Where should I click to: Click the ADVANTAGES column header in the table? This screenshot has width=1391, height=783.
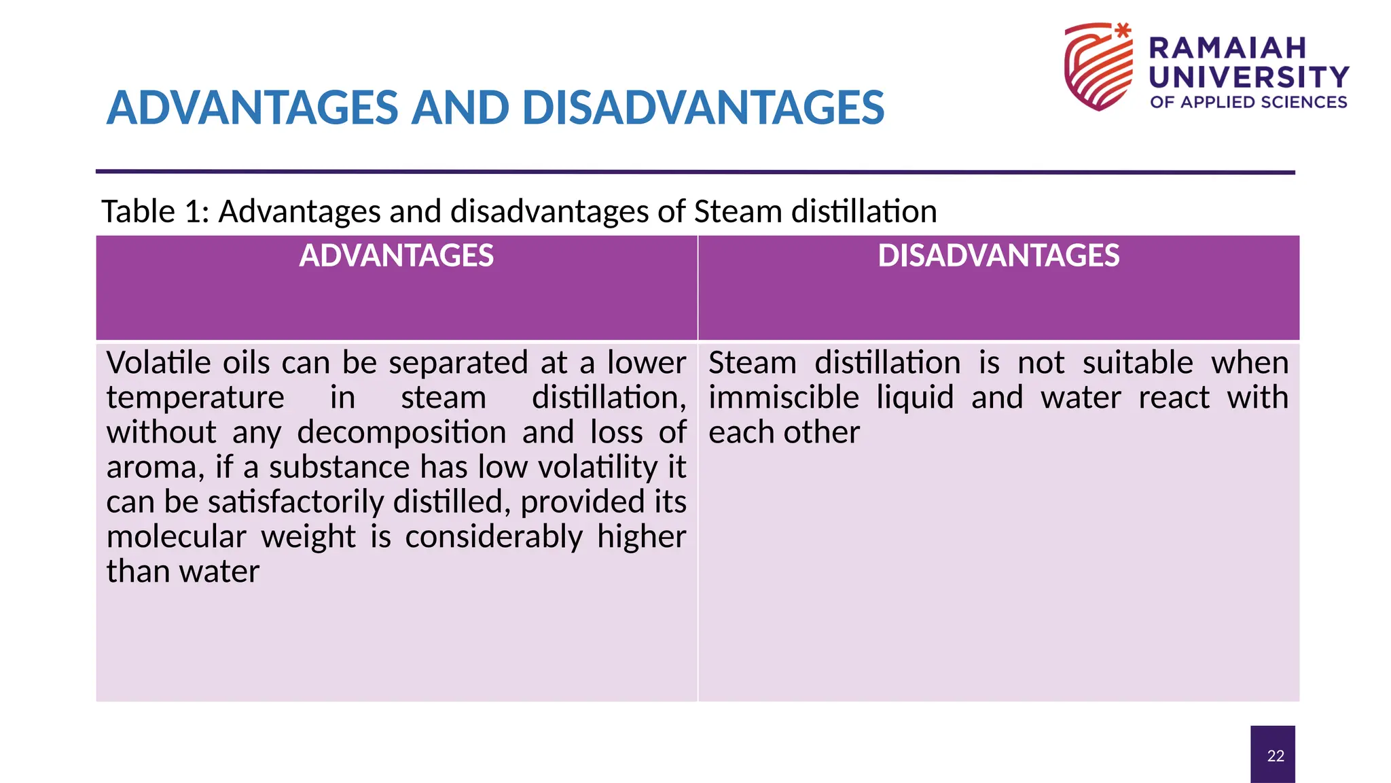coord(397,256)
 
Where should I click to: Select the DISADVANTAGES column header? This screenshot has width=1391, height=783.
coord(998,256)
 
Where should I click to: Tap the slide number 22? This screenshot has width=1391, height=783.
coord(1276,756)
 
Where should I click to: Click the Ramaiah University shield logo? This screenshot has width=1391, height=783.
coord(1098,67)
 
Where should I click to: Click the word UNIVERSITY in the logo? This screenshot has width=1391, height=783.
coord(1248,77)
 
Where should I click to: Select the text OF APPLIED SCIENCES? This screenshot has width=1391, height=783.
coord(1248,103)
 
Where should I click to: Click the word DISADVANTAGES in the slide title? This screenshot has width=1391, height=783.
coord(703,108)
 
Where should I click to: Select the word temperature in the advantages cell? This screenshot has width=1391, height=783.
coord(196,398)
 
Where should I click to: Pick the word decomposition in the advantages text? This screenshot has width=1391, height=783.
coord(402,433)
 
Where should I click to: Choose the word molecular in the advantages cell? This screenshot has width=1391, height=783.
coord(176,537)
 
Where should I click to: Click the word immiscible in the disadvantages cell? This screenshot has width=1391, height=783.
coord(784,398)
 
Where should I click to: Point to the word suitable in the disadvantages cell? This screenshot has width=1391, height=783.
coord(1138,363)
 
